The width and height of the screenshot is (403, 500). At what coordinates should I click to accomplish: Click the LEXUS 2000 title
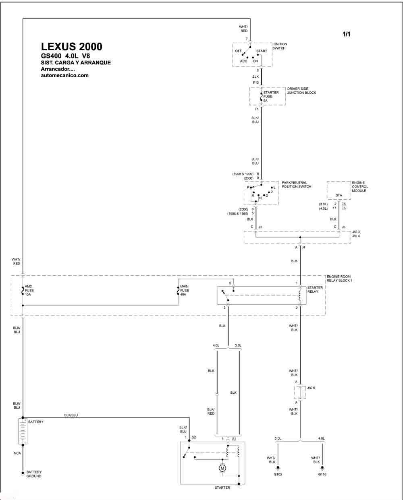click(x=72, y=47)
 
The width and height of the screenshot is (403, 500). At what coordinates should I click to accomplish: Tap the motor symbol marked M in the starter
click(x=222, y=468)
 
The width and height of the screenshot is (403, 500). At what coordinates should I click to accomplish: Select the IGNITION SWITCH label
click(x=280, y=46)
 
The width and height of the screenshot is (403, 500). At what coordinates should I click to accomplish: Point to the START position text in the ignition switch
click(x=262, y=51)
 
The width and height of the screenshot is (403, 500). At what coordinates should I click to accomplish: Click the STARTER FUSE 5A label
click(x=271, y=97)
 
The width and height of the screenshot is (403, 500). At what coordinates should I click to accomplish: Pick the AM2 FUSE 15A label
click(x=29, y=290)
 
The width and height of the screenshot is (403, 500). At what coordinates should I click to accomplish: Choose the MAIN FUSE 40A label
click(x=185, y=290)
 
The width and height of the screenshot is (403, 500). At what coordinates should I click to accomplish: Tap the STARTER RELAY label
click(x=315, y=289)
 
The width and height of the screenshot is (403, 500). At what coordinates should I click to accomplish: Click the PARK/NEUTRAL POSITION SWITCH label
click(x=297, y=184)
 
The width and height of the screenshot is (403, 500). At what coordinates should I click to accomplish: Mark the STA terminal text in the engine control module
click(x=339, y=195)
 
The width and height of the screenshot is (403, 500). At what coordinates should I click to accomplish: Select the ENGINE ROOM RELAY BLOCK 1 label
click(x=339, y=279)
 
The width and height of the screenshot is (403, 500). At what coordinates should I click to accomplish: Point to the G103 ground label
click(x=278, y=474)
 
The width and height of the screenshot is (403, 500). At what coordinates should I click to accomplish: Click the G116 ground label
click(x=322, y=474)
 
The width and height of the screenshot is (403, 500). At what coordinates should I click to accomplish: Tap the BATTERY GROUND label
click(x=34, y=474)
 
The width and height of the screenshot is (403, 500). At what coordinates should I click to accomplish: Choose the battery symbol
click(x=23, y=431)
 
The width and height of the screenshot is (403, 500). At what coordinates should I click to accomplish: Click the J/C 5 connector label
click(x=311, y=388)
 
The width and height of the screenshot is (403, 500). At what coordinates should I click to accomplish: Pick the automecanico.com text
click(x=65, y=75)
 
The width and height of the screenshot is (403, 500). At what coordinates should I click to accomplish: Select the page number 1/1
click(x=346, y=34)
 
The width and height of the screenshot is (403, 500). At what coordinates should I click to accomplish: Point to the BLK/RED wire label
click(x=211, y=411)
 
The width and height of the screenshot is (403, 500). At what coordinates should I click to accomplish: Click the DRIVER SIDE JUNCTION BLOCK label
click(x=301, y=91)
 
